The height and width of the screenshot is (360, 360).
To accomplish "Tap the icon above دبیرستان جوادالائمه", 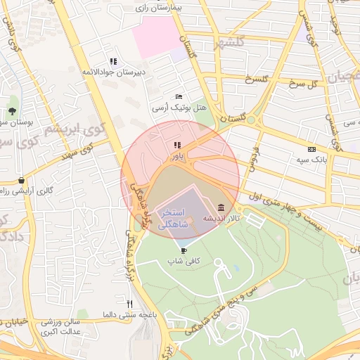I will [113, 61].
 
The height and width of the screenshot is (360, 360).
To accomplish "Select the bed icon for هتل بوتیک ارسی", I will [179, 96].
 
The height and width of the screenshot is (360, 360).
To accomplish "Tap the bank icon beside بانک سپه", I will [312, 149].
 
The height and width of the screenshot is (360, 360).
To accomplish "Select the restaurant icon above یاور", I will [176, 146].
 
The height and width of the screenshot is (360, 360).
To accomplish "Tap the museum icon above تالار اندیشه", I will [222, 207].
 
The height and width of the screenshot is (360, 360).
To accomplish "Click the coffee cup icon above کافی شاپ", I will [184, 250].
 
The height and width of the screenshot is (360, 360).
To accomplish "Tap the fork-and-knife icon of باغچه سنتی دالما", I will [129, 304].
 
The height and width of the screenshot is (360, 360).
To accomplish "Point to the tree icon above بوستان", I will [12, 111].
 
